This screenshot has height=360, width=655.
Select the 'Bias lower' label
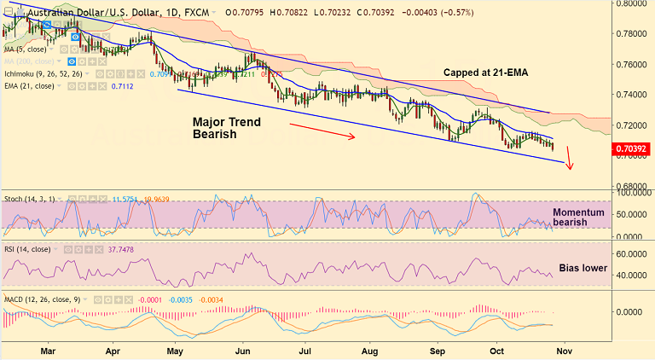point(582,267)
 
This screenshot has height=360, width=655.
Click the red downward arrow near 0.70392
point(569,160)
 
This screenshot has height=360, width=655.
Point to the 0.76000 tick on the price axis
point(633,64)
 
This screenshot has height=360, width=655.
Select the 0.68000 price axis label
point(633,186)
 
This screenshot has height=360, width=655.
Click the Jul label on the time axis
point(304,350)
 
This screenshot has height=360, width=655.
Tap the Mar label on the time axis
point(48,350)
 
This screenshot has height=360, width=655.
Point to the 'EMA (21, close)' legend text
point(29,86)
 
